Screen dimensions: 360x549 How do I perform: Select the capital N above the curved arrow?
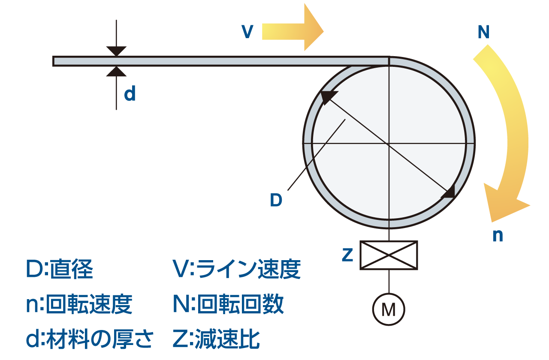coord(483,33)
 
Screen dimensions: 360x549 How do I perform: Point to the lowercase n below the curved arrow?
coord(497,236)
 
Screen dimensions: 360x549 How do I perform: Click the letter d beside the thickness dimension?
coord(130,94)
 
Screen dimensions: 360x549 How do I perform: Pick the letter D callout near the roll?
coord(276,200)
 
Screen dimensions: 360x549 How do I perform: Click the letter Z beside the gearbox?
coord(347,255)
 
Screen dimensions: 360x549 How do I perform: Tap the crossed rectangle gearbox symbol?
coord(389,255)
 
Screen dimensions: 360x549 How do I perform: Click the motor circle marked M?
coord(389,309)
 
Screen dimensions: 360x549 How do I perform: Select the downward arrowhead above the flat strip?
coord(116,51)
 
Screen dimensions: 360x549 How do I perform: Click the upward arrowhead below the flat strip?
coord(116,72)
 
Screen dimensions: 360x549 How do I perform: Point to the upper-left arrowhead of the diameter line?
coord(327,97)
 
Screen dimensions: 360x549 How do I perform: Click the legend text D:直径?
coord(60,270)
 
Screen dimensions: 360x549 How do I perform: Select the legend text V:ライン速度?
coord(236,270)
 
